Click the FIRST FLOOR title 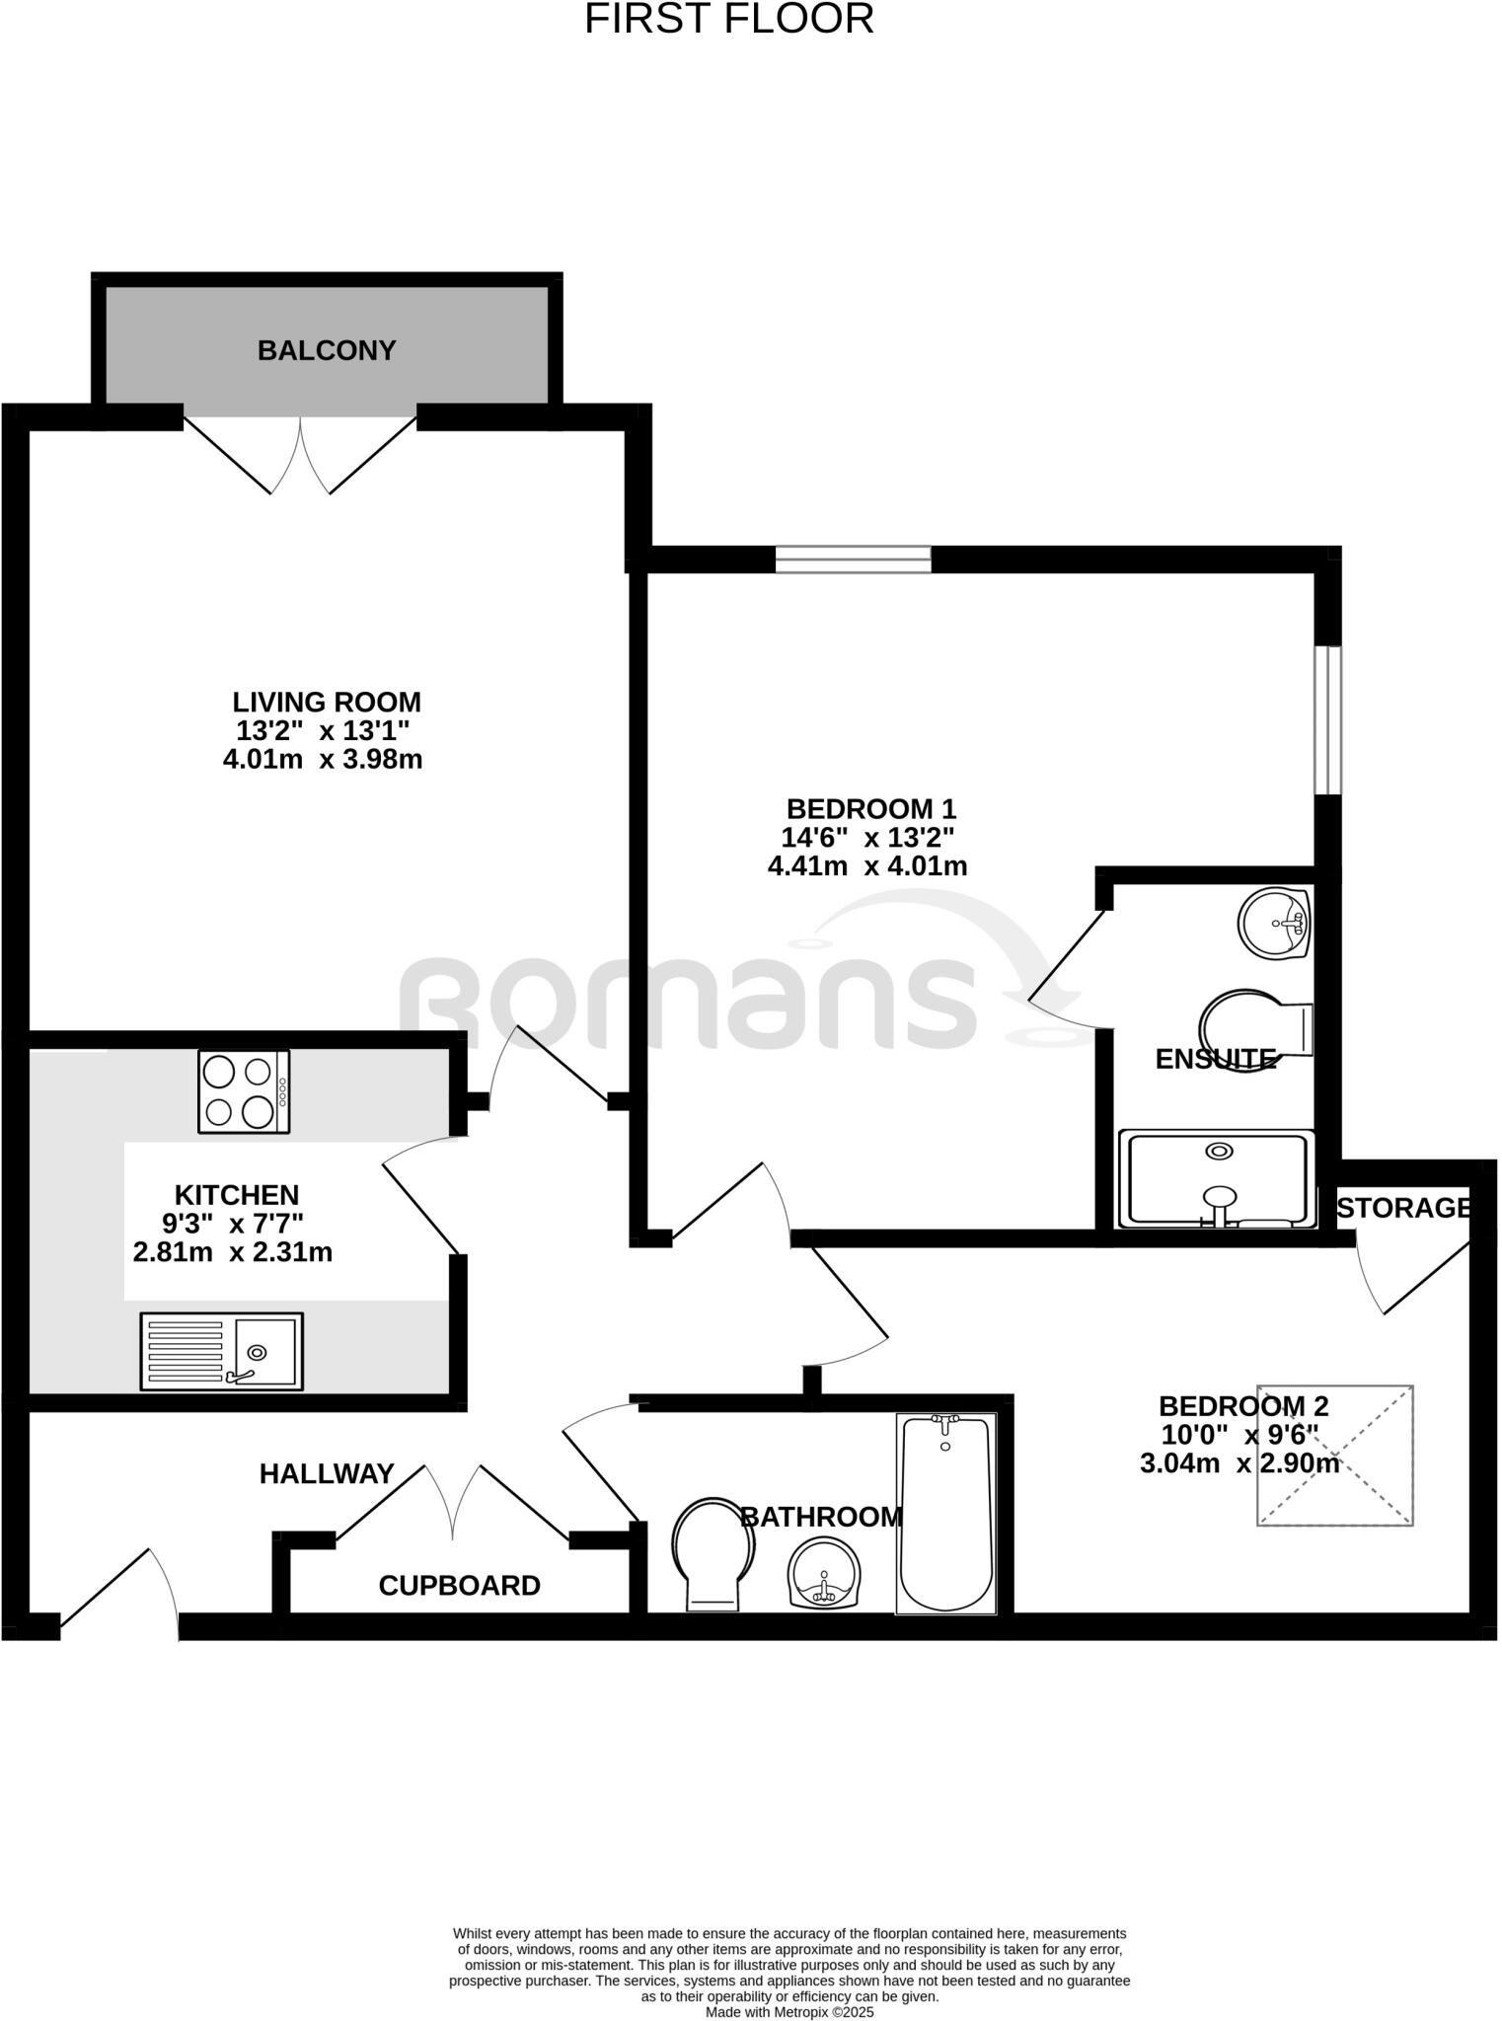(729, 20)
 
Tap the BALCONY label (327, 350)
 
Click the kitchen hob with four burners (244, 1091)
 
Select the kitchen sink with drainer (221, 1351)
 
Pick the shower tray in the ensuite (1217, 1179)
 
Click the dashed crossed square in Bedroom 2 (1334, 1456)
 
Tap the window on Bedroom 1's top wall (853, 560)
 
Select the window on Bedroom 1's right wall (1328, 720)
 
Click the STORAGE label (1403, 1208)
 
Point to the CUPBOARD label (459, 1586)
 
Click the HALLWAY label (327, 1474)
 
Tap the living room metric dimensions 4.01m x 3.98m (323, 760)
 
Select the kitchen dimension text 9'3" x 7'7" (233, 1224)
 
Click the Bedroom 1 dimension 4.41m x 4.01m (867, 866)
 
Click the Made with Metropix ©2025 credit (789, 2011)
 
